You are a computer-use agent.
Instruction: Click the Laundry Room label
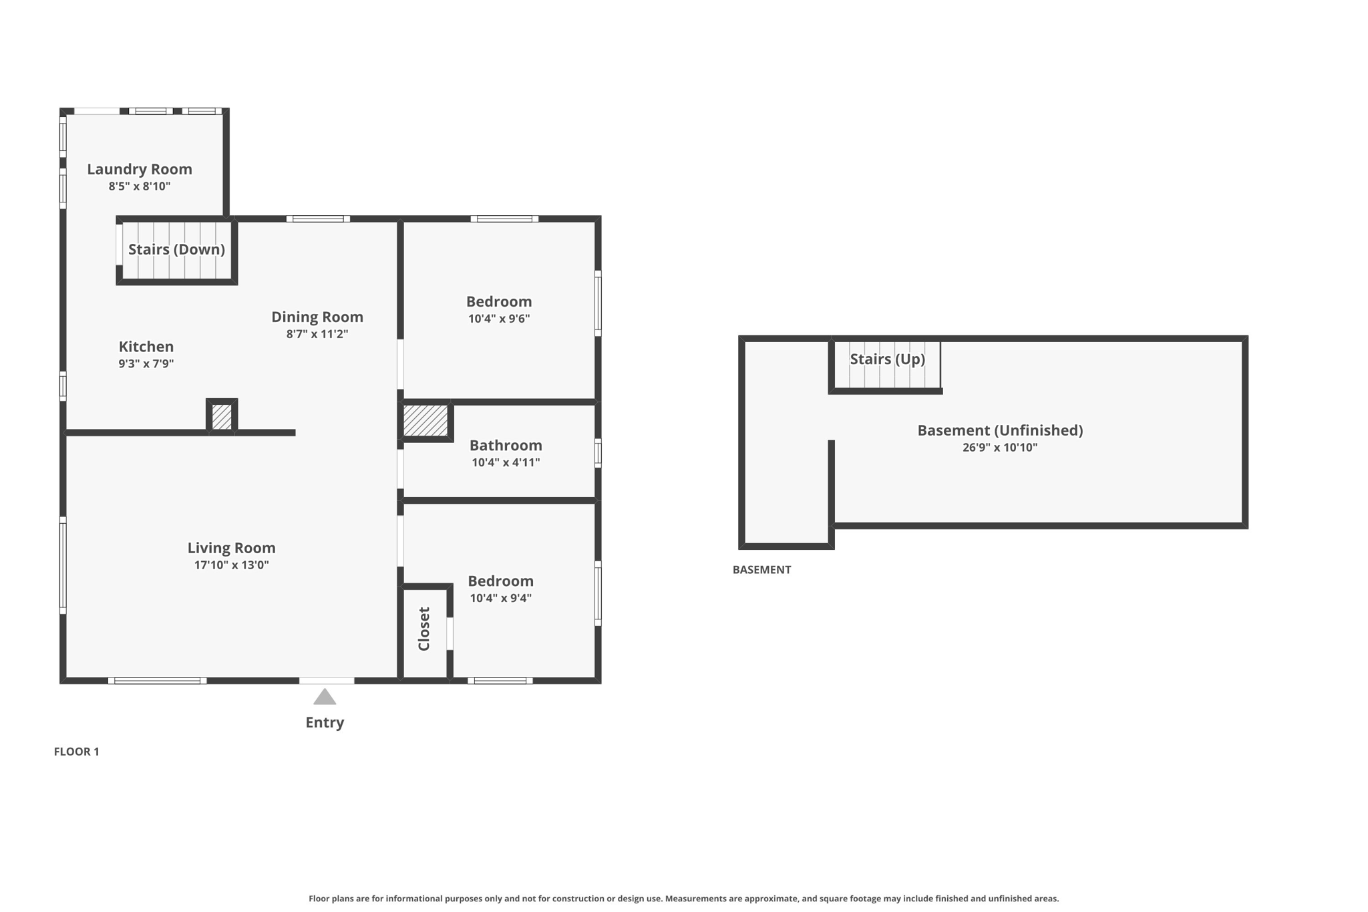(x=140, y=169)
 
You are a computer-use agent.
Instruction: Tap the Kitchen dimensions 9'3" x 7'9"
(x=146, y=363)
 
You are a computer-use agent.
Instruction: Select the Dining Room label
(x=317, y=317)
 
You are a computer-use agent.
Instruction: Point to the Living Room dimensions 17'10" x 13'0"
(x=231, y=565)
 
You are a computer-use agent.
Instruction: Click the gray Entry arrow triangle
(x=325, y=697)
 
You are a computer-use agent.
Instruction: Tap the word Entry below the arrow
(x=325, y=722)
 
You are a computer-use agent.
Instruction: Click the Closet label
(x=423, y=629)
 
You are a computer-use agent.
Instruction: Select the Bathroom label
(x=506, y=445)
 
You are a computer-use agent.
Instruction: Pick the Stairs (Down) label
(x=176, y=249)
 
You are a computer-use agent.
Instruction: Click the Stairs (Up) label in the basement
(x=887, y=359)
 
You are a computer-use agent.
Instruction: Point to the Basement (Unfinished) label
(x=1000, y=430)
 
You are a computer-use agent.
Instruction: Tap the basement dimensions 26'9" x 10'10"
(x=1000, y=448)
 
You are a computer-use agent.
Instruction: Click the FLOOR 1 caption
(x=76, y=752)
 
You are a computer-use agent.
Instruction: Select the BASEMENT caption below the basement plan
(x=761, y=570)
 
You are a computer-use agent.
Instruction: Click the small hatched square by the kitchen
(x=222, y=417)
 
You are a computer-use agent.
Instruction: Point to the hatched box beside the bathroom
(x=425, y=421)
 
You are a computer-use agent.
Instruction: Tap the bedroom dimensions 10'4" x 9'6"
(x=499, y=319)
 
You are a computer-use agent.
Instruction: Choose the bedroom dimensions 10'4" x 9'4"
(x=500, y=598)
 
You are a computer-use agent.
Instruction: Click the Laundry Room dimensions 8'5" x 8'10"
(x=140, y=186)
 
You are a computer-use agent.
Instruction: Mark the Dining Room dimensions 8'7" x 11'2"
(x=317, y=334)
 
